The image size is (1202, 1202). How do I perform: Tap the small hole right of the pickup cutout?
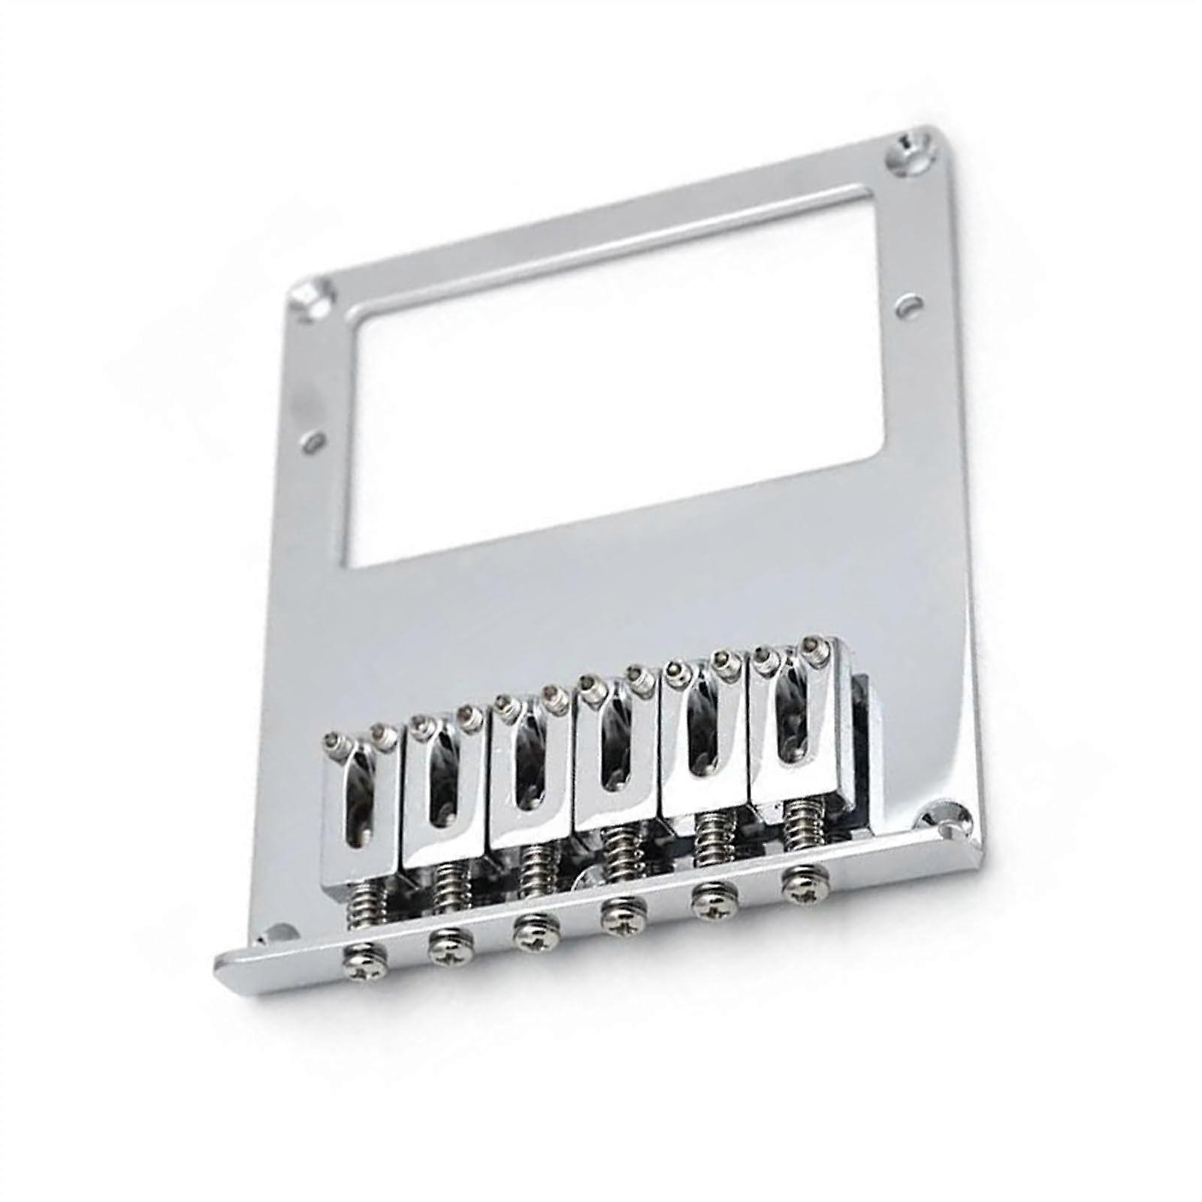[x=911, y=307]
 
